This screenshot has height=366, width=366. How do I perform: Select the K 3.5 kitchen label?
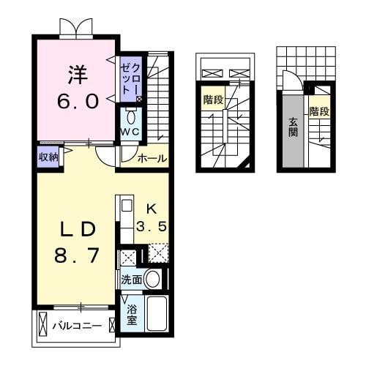pos(154,217)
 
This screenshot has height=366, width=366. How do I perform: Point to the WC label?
pos(131,131)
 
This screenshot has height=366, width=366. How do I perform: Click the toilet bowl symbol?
pos(131,116)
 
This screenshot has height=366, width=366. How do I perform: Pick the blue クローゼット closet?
pos(131,80)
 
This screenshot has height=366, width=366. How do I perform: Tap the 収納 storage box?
pos(48,156)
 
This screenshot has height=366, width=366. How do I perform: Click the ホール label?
pos(152,158)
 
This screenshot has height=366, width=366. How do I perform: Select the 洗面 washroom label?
pos(131,279)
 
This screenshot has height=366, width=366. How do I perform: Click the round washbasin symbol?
pos(152,278)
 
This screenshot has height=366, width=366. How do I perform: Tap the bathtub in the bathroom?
pos(157,313)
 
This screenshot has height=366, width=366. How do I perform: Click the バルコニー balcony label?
pos(76,324)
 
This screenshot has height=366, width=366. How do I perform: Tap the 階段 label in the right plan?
pos(319,112)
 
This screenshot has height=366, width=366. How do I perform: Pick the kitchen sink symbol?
pos(125,206)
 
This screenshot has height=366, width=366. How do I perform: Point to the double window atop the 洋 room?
pos(76,27)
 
